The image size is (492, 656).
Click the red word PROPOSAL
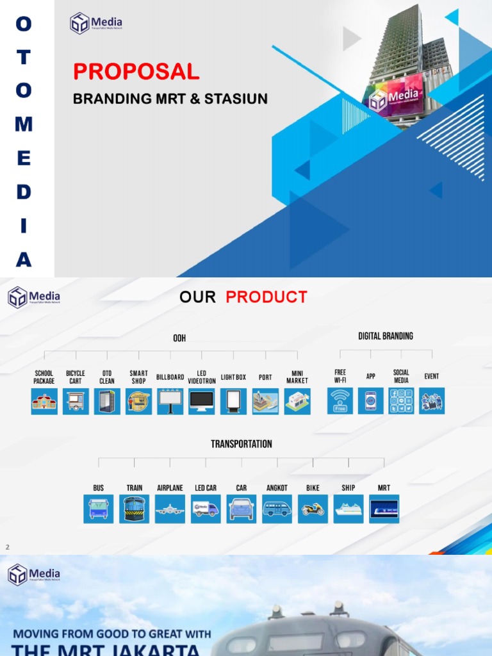[136, 72]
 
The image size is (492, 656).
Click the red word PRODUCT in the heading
[266, 297]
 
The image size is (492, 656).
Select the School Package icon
[44, 402]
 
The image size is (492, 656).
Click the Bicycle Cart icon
[76, 402]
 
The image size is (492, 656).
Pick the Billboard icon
[170, 402]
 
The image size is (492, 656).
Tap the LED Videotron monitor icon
[202, 402]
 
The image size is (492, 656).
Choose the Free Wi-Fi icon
[340, 401]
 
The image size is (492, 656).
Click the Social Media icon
[401, 401]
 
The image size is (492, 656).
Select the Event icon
[432, 401]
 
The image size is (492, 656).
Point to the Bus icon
[99, 509]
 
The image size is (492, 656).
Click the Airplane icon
[170, 509]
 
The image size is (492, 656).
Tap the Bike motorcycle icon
[313, 509]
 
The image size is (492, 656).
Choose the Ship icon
[348, 509]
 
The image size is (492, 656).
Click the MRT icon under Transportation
[384, 509]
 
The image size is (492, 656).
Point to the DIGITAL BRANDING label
[386, 336]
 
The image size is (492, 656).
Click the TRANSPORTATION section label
[242, 444]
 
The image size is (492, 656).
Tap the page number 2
[8, 547]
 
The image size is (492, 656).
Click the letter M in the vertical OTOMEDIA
[24, 124]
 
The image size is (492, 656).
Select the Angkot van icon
[277, 509]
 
